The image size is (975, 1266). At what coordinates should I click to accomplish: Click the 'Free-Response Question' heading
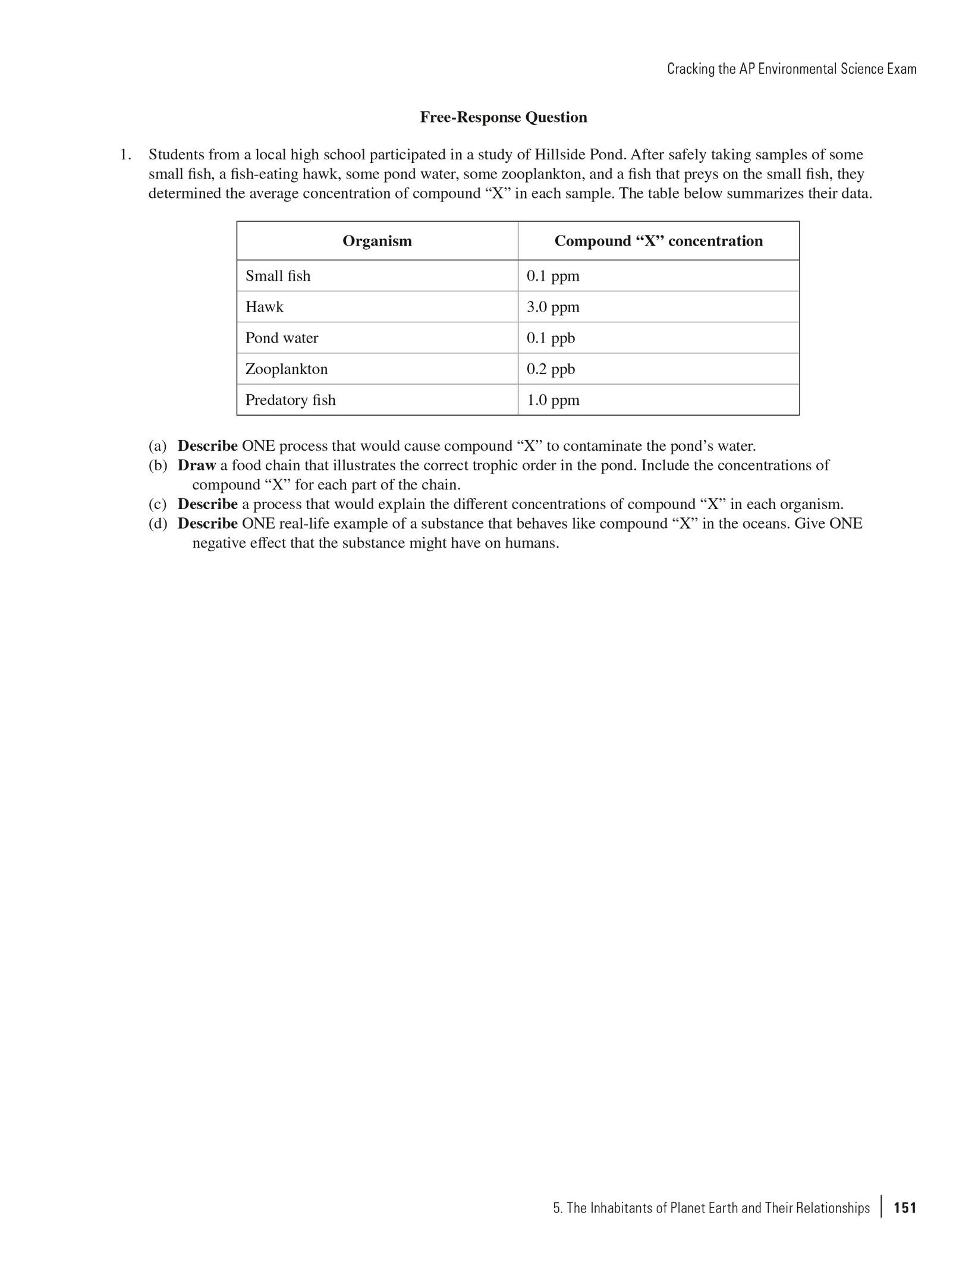click(503, 117)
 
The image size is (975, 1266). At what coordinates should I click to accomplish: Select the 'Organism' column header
click(377, 241)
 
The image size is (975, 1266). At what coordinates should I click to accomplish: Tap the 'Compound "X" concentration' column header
click(658, 241)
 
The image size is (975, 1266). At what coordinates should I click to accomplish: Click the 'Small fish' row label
click(278, 276)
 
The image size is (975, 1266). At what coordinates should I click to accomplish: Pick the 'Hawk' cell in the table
click(265, 307)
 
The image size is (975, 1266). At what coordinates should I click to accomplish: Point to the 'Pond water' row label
click(282, 338)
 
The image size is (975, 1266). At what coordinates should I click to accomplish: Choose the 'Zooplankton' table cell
click(287, 369)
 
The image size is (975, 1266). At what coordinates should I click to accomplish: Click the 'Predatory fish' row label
click(290, 400)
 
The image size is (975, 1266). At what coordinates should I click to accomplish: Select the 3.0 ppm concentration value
click(553, 307)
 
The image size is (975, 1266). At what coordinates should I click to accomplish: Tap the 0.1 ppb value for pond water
click(551, 338)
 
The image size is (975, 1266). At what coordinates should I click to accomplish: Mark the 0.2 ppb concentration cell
click(551, 369)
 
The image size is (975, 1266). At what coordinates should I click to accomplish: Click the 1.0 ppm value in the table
click(553, 400)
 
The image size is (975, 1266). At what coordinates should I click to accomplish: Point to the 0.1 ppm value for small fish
click(553, 276)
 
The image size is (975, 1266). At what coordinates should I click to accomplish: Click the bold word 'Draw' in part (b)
click(196, 465)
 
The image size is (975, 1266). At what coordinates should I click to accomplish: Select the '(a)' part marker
click(158, 446)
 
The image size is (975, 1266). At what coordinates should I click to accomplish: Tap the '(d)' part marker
click(158, 524)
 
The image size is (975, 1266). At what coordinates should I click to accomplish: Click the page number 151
click(905, 1208)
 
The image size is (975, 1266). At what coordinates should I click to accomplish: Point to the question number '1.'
click(125, 155)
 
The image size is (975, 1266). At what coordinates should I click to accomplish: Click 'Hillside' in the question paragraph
click(559, 155)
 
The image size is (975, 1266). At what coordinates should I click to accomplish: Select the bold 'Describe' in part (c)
click(207, 504)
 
